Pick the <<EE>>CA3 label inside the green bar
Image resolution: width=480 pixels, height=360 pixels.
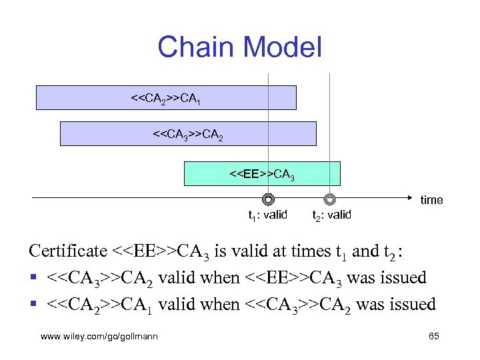(262, 175)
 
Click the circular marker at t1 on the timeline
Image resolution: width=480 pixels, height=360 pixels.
(268, 199)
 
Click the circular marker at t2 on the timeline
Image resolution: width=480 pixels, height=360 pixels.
(330, 199)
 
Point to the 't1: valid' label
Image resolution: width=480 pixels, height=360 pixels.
(267, 215)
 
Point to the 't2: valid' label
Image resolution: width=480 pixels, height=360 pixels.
(331, 215)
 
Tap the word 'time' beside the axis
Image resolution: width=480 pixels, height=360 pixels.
(431, 200)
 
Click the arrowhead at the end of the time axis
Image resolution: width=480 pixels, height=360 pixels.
(412, 198)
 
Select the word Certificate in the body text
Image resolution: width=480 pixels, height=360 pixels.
(67, 251)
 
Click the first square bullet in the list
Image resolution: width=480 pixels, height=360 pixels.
(33, 278)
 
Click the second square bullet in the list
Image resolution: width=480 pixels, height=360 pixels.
(33, 305)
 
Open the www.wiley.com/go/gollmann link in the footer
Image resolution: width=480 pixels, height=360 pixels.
(99, 337)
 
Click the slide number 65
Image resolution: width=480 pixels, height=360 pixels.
(433, 337)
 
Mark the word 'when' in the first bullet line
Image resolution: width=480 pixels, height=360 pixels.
(223, 277)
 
